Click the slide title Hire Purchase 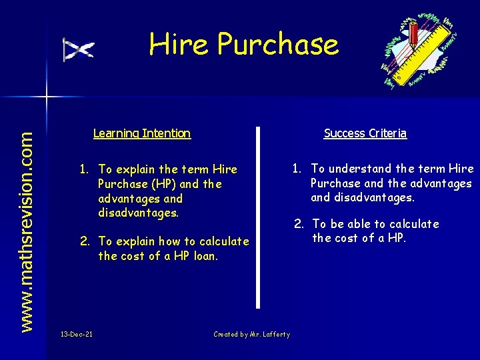(x=244, y=45)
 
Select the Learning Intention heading (x=142, y=133)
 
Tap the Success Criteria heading (x=365, y=133)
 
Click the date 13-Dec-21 (x=76, y=334)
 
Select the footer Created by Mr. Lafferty (x=251, y=334)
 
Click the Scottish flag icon (x=79, y=49)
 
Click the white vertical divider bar (x=259, y=217)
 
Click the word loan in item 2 (x=205, y=256)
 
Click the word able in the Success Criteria (x=370, y=224)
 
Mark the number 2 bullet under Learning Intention (x=85, y=241)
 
